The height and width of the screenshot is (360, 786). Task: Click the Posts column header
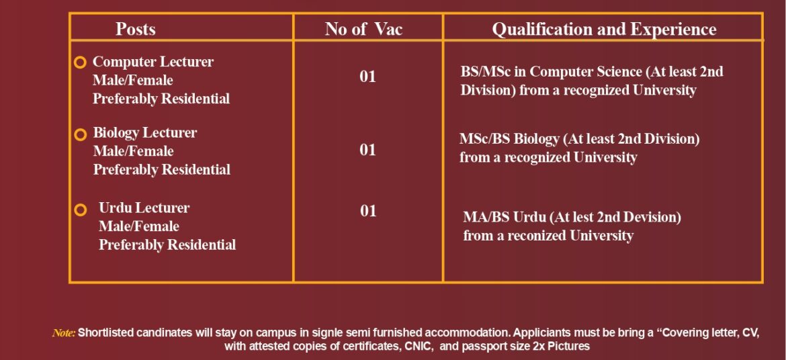(135, 29)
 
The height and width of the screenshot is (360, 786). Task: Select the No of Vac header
(363, 29)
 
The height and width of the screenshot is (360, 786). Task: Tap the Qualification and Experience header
(604, 30)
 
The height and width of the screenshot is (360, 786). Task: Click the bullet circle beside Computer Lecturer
(80, 62)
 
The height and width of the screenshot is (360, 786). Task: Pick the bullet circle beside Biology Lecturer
(80, 134)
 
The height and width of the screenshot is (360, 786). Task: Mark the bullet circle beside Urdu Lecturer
(80, 210)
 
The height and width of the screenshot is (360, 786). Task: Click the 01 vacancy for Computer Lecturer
(367, 76)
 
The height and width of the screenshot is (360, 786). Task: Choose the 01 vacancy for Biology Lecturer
(367, 149)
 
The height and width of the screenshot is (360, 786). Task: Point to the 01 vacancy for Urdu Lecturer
(368, 211)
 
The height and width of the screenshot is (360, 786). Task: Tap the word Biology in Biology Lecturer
(116, 134)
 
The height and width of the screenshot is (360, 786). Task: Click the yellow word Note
(64, 333)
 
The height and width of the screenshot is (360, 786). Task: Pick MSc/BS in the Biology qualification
(483, 138)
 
